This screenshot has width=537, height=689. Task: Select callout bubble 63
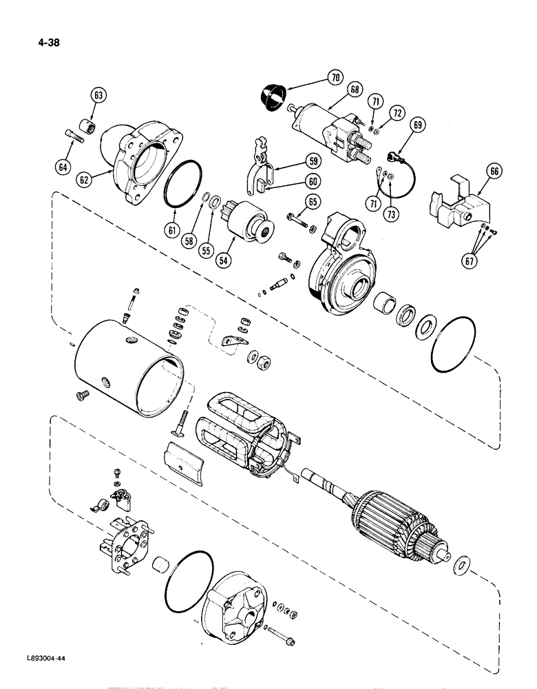tap(98, 96)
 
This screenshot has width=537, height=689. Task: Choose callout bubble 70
tap(335, 78)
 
